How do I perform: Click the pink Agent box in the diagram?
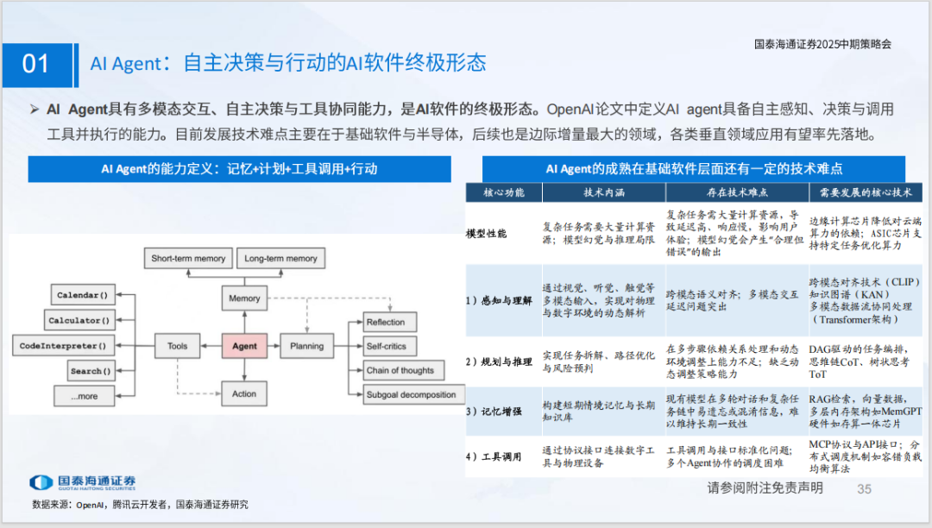pyautogui.click(x=244, y=346)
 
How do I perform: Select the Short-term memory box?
pyautogui.click(x=188, y=258)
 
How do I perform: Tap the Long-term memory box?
pyautogui.click(x=280, y=258)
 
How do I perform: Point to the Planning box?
pyautogui.click(x=306, y=346)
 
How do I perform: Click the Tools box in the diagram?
pyautogui.click(x=177, y=346)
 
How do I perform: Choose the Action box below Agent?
pyautogui.click(x=244, y=393)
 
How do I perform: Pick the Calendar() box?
pyautogui.click(x=83, y=296)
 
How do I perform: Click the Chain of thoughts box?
pyautogui.click(x=400, y=370)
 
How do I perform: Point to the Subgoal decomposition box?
pyautogui.click(x=411, y=394)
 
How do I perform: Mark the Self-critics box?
pyautogui.click(x=387, y=346)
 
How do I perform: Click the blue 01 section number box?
pyautogui.click(x=35, y=63)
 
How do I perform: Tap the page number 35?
pyautogui.click(x=864, y=489)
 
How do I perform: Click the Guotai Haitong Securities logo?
pyautogui.click(x=82, y=482)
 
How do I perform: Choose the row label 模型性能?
pyautogui.click(x=487, y=234)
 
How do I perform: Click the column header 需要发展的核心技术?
pyautogui.click(x=860, y=192)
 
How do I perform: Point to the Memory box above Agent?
pyautogui.click(x=244, y=299)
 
